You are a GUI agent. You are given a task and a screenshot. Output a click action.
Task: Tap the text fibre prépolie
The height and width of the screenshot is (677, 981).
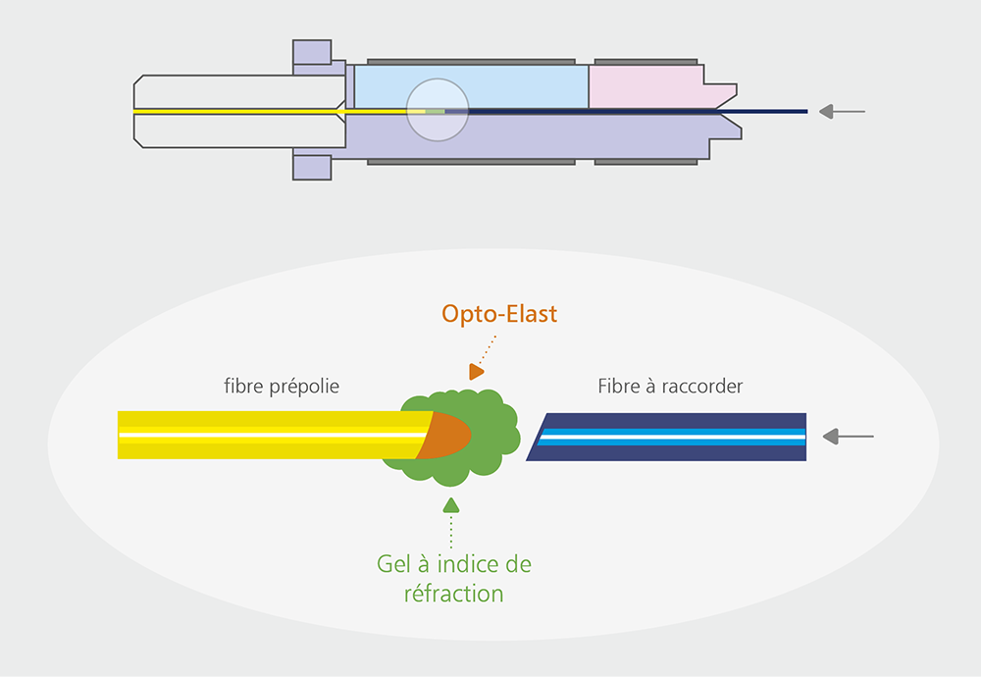(282, 386)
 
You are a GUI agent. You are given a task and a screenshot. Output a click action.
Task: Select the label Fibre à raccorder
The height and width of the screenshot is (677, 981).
(670, 386)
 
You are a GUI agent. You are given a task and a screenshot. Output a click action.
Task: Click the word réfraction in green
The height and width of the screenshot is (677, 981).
(453, 594)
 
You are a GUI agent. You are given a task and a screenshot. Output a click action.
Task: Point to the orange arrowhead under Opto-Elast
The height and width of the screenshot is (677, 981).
(476, 372)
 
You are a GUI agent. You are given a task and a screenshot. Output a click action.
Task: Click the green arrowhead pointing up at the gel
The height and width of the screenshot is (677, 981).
(451, 505)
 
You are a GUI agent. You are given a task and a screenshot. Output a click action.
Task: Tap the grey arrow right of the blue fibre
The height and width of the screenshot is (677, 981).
(848, 436)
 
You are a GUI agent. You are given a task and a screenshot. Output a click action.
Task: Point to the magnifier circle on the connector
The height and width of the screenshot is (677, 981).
(438, 110)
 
